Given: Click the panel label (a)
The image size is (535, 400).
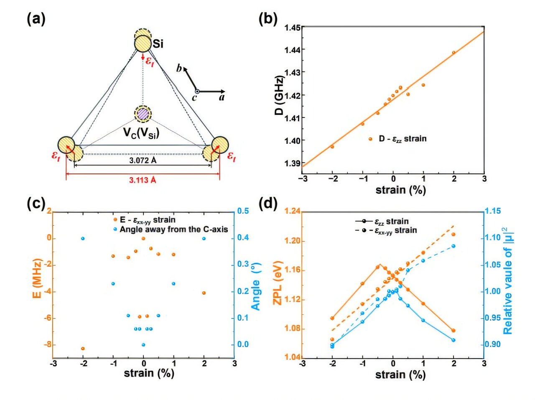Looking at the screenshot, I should [x=36, y=19].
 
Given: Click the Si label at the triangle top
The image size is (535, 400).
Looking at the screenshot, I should [x=158, y=43].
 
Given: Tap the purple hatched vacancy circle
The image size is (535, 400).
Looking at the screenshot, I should [x=143, y=113].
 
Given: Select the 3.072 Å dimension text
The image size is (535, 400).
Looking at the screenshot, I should [x=143, y=160].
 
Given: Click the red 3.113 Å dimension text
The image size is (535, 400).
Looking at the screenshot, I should [x=143, y=180].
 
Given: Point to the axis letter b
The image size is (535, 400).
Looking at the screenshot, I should [x=179, y=69].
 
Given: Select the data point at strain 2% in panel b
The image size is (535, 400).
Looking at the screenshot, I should [x=453, y=53].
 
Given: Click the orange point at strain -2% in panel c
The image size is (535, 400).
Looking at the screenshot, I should [x=83, y=348].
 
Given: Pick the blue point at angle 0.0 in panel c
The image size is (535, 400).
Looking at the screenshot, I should [x=143, y=345].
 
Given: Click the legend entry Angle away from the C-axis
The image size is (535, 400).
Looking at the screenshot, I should [x=173, y=229].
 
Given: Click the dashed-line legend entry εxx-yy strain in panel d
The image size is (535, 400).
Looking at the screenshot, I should [x=395, y=230].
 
